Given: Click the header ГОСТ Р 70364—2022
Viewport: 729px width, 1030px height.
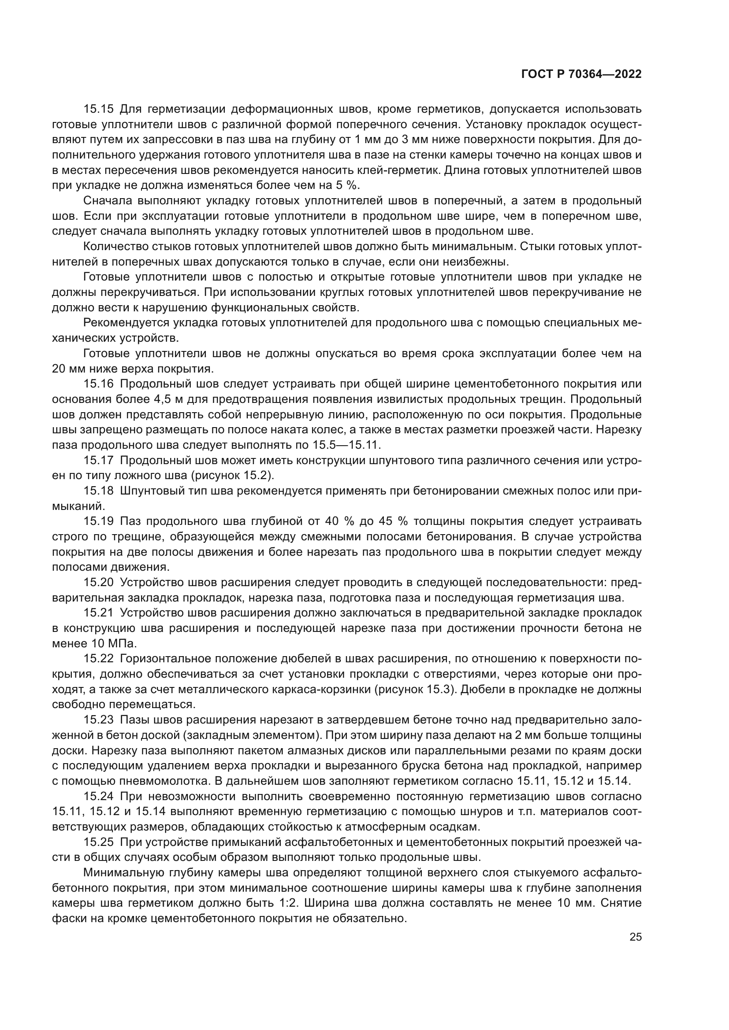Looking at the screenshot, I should (581, 74).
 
